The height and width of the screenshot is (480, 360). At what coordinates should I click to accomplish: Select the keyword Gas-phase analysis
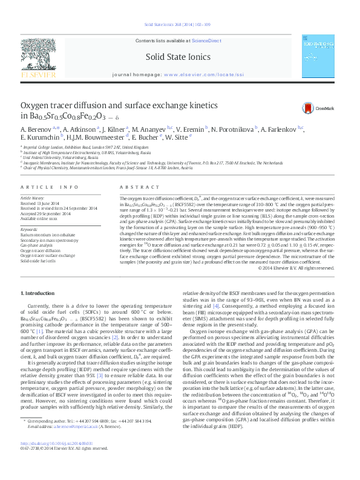[x=37, y=245]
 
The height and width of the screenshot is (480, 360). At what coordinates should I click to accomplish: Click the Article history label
[x=33, y=198]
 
